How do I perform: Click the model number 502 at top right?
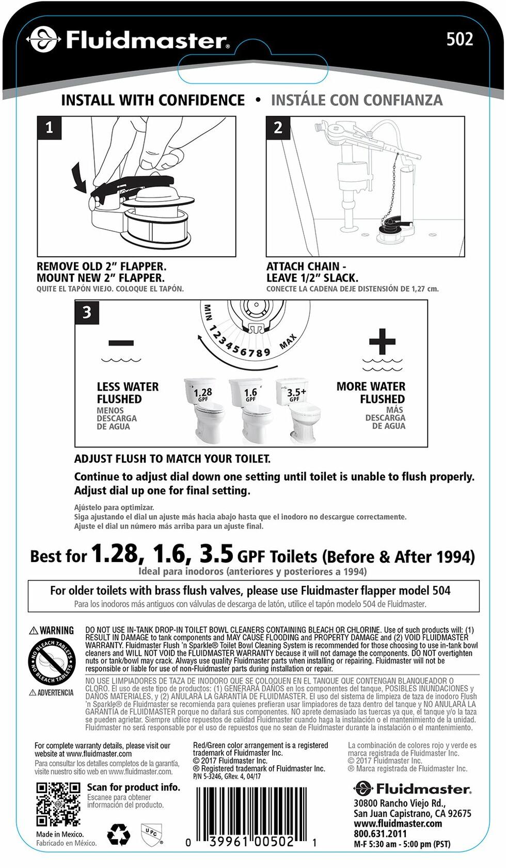tap(460, 39)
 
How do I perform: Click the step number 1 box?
tap(49, 128)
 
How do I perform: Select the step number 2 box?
tap(278, 128)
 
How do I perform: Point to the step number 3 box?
tap(87, 312)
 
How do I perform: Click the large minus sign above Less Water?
tap(121, 343)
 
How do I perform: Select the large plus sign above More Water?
tap(382, 342)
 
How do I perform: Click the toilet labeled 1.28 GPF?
tap(202, 411)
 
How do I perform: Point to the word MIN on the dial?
tap(208, 312)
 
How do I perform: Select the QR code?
tap(58, 804)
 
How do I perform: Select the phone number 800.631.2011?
tap(380, 834)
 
